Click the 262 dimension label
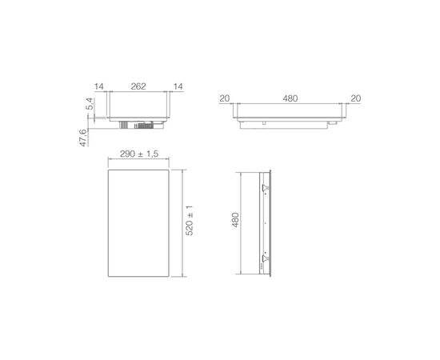[138, 86]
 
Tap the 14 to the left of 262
[98, 86]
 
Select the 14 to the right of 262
[178, 86]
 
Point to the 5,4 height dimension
[90, 103]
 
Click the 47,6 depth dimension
[83, 138]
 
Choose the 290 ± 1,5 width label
[139, 154]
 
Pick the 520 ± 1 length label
[190, 221]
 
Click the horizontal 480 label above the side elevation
[290, 98]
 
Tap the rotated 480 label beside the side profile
[235, 220]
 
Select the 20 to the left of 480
[225, 98]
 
